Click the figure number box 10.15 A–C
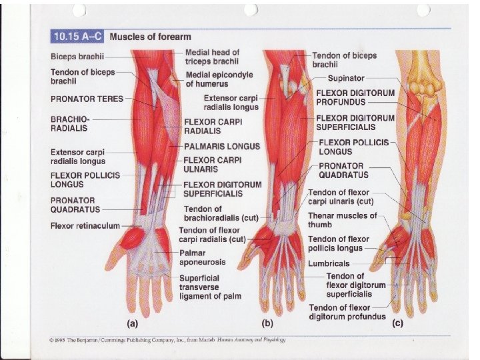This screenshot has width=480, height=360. point(77,37)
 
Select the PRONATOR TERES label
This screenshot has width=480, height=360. point(87,99)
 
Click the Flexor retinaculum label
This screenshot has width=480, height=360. point(85,226)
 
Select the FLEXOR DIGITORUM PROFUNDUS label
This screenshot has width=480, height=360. point(355,98)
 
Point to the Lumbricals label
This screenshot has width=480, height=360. point(328,263)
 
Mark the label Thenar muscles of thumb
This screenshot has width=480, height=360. point(341,220)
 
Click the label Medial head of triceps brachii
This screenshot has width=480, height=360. point(211,56)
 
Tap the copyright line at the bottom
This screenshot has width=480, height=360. point(167,339)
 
